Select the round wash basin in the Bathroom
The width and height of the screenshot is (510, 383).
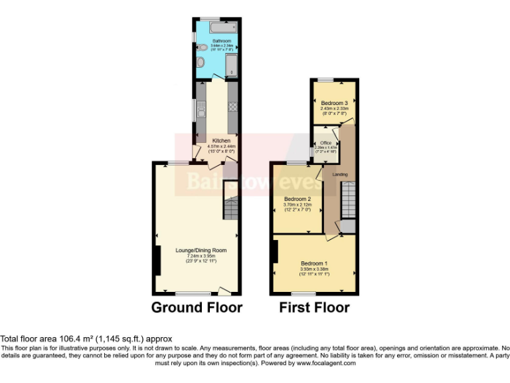click(x=201, y=63)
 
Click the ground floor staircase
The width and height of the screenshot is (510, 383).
click(x=230, y=210)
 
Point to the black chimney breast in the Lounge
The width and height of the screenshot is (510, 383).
click(x=157, y=260)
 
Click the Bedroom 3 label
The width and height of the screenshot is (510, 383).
click(x=334, y=103)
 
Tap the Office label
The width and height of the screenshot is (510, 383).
click(x=325, y=143)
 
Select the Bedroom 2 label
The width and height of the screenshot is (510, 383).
click(x=297, y=199)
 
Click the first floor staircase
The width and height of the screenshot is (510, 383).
click(x=348, y=200)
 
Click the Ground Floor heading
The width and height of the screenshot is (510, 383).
click(x=197, y=307)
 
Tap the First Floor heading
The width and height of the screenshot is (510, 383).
click(x=314, y=307)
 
